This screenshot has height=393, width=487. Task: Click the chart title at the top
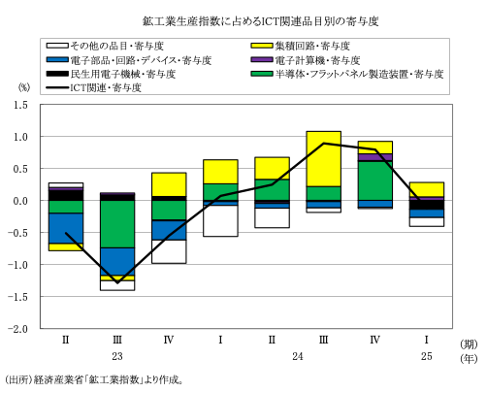(261, 21)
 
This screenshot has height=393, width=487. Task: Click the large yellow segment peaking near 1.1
(323, 159)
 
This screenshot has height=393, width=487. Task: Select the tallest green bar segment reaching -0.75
(117, 224)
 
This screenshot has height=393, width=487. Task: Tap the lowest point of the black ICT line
(117, 283)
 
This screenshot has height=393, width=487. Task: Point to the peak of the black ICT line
(323, 143)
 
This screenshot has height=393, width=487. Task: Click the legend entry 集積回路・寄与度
(301, 46)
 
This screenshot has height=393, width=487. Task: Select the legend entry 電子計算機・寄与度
(306, 60)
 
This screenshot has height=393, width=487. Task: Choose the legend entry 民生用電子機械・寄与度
(111, 74)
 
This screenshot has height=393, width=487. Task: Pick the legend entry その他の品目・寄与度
(105, 46)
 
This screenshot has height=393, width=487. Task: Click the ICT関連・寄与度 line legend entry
(94, 87)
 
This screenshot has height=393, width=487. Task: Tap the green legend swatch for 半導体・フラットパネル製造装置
(262, 74)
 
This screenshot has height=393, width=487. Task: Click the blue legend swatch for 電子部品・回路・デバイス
(57, 60)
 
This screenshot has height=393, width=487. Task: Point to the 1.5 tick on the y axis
(20, 105)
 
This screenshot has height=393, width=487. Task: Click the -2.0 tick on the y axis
(17, 329)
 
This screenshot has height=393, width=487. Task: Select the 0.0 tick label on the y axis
(20, 201)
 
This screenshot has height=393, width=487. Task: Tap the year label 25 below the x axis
(427, 356)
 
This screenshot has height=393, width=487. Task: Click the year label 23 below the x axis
(117, 356)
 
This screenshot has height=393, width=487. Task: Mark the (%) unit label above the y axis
(24, 87)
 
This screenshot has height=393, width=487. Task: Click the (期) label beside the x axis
(469, 344)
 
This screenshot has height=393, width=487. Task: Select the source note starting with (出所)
(94, 379)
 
